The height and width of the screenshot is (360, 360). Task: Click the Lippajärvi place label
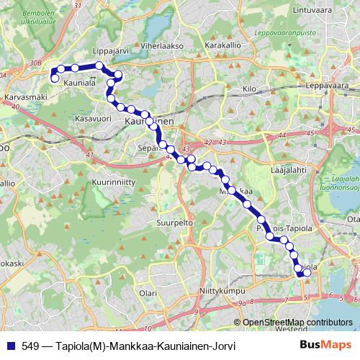(x=111, y=53)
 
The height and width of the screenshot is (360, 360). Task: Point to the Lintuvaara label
(x=312, y=9)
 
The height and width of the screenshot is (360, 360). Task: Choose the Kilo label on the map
(x=250, y=89)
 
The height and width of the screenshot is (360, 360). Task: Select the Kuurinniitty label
(x=113, y=183)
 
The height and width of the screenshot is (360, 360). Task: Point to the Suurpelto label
(x=176, y=223)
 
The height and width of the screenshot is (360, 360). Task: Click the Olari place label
(x=148, y=293)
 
